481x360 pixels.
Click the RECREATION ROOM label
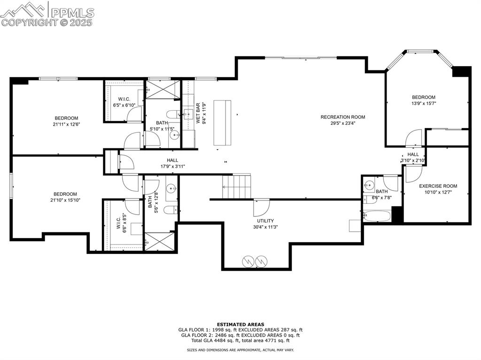[342, 117]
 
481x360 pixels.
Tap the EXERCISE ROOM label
[438, 186]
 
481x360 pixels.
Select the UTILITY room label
[265, 221]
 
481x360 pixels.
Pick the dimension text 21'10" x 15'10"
[65, 201]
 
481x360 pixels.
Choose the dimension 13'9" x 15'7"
[424, 103]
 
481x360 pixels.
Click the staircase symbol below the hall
[237, 186]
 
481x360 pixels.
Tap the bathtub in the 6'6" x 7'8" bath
[376, 216]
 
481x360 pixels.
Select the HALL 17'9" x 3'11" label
[172, 160]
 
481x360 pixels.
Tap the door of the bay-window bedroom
[414, 138]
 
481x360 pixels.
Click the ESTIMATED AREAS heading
[240, 324]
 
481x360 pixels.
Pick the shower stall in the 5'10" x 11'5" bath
[163, 90]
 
